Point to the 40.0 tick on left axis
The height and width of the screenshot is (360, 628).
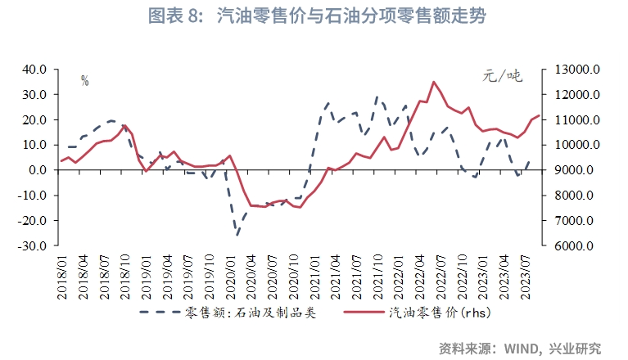click(x=36, y=70)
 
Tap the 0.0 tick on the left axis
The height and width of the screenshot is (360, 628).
click(x=40, y=170)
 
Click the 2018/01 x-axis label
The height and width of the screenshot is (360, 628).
click(x=61, y=277)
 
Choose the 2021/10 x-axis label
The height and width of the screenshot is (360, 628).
click(x=378, y=277)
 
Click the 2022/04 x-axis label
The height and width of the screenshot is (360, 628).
click(x=424, y=277)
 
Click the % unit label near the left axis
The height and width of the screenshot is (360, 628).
click(x=84, y=80)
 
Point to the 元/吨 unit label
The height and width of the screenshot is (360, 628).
click(x=501, y=77)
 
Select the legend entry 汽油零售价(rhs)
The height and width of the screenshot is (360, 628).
click(x=442, y=313)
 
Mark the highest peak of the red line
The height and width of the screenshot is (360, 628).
click(x=433, y=82)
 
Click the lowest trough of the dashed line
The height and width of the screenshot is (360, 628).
click(x=237, y=236)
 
